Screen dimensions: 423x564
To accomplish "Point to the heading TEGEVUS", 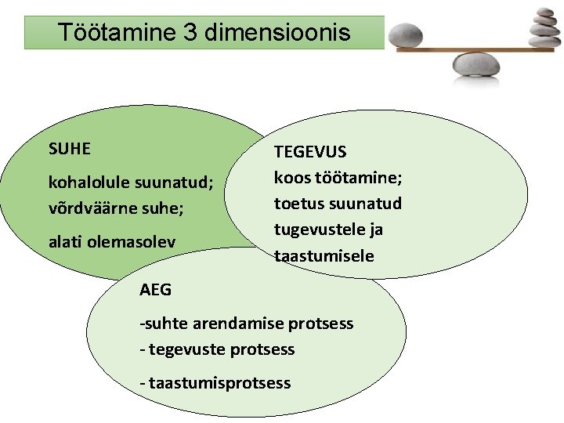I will (310, 150).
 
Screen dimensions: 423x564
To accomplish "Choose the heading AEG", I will (155, 290).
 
